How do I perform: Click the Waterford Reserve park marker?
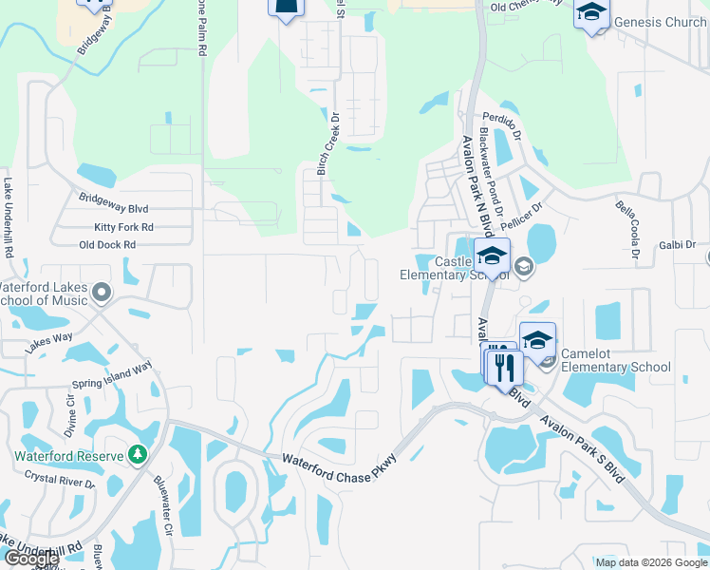click(139, 455)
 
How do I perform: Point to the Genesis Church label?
click(660, 22)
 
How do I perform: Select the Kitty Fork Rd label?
click(123, 227)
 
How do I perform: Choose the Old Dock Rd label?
click(107, 244)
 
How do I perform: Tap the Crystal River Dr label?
click(60, 479)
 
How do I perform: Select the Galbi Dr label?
click(677, 245)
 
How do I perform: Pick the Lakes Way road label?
click(49, 343)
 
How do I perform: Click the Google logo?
click(30, 559)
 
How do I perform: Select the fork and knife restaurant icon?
click(504, 365)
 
